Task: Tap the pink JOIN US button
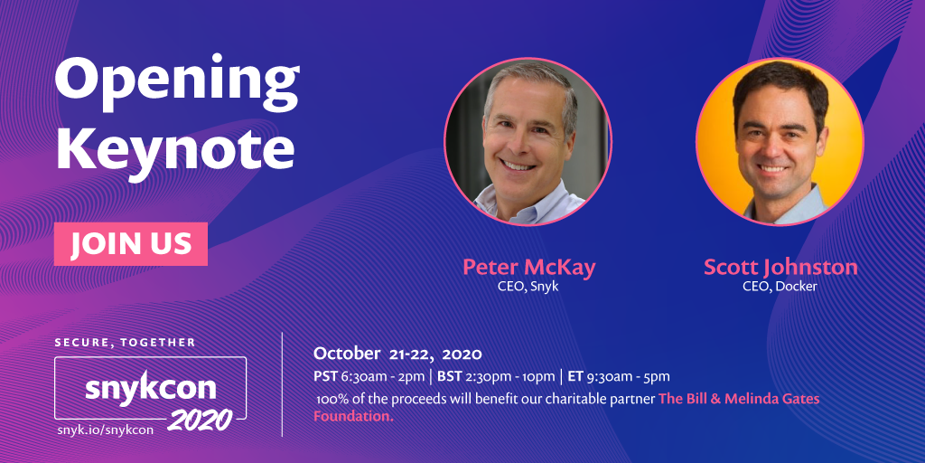coord(131,244)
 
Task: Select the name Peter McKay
coord(528,267)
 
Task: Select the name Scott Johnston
coord(780,267)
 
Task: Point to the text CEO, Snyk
coord(528,287)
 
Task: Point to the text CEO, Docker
coord(780,287)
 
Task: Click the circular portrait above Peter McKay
coord(528,142)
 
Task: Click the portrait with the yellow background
coord(780,142)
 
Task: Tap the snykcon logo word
coord(151,388)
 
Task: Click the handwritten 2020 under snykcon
coord(200,420)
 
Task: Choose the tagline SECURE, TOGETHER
coord(125,343)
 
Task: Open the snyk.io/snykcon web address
coord(106,430)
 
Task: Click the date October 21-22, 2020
coord(397,354)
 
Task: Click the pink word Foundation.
coord(353,416)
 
